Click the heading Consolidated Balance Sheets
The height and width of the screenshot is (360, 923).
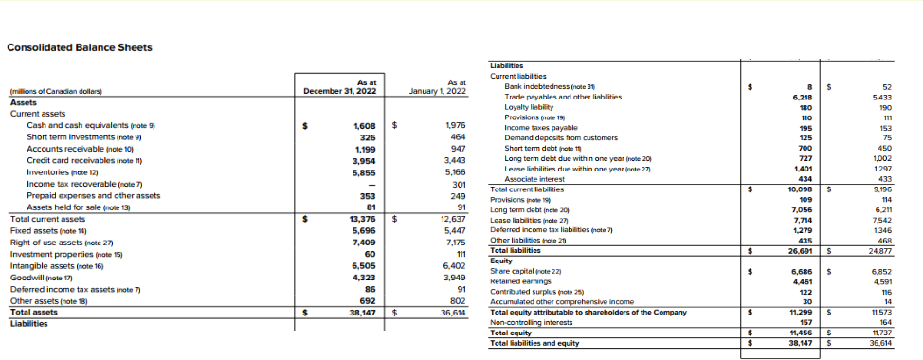click(79, 48)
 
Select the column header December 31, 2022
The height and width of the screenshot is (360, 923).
click(340, 91)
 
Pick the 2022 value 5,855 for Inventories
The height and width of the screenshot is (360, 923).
click(364, 171)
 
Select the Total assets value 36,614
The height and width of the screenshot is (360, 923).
click(453, 312)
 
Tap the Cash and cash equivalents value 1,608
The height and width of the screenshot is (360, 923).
click(364, 125)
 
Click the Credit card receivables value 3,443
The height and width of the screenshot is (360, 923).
click(455, 160)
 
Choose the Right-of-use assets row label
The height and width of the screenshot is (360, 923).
click(47, 242)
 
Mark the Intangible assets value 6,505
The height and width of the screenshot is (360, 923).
click(364, 265)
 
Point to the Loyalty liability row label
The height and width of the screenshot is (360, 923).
click(531, 107)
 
